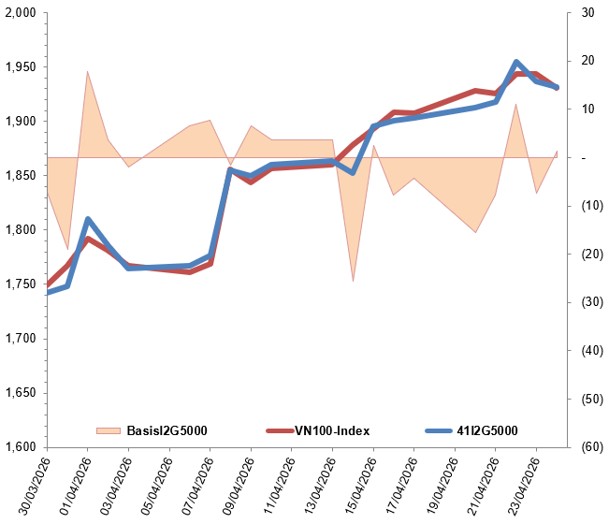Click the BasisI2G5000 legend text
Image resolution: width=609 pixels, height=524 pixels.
(167, 431)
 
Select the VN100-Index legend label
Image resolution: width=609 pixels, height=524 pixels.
(332, 431)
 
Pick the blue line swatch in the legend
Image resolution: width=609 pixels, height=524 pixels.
(438, 431)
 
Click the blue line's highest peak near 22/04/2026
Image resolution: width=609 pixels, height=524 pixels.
(516, 63)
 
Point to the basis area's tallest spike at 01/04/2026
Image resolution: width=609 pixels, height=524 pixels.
(87, 71)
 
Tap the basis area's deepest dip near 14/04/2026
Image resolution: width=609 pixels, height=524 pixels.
(353, 281)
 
